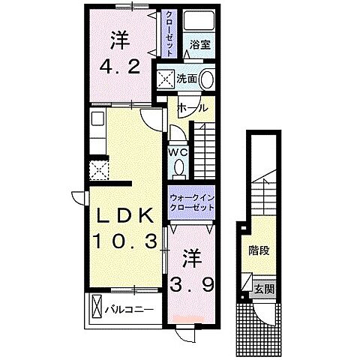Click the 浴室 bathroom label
tap(199, 45)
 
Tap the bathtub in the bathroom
tap(199, 20)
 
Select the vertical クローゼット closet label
tap(169, 34)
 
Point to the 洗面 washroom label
tap(187, 79)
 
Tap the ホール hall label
tap(192, 109)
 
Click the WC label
tap(178, 152)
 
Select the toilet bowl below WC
tap(178, 168)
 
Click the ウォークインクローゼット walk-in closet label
tap(191, 202)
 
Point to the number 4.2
tap(120, 67)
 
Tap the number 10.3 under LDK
tap(125, 241)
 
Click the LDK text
tap(124, 216)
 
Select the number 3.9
tap(192, 285)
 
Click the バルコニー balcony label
tap(129, 310)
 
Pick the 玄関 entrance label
tap(265, 289)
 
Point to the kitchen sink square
tap(97, 118)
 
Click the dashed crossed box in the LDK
tap(99, 170)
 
